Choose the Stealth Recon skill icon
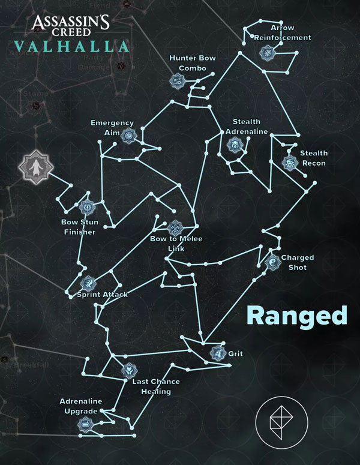[x=290, y=163]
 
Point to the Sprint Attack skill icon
[x=88, y=283]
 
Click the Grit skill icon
[x=217, y=353]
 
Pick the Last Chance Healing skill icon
[x=128, y=370]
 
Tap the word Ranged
[x=297, y=316]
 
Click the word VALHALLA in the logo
[x=72, y=47]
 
